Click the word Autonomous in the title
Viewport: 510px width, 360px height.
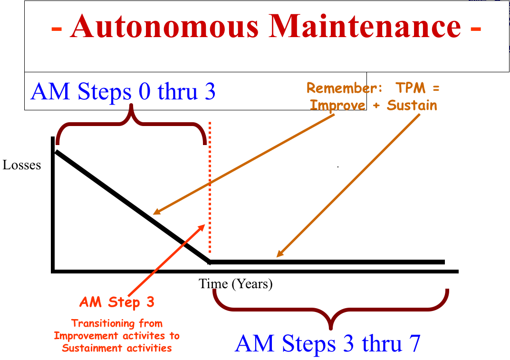click(x=164, y=26)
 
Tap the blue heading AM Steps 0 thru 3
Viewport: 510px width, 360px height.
click(x=123, y=91)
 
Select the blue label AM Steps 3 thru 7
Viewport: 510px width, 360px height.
click(x=327, y=343)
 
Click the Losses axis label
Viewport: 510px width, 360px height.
click(x=22, y=165)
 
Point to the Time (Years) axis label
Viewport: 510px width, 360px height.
click(x=235, y=284)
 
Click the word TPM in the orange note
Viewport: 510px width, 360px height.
click(x=411, y=88)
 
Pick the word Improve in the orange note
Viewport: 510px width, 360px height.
click(x=337, y=106)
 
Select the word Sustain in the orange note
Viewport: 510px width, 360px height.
click(x=412, y=105)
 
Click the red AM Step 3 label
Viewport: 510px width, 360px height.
click(x=117, y=302)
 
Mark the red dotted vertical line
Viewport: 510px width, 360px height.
click(x=210, y=187)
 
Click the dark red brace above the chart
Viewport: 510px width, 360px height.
click(x=131, y=124)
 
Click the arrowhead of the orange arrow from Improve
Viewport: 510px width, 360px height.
click(x=156, y=212)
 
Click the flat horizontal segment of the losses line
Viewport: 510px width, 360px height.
click(x=327, y=262)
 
